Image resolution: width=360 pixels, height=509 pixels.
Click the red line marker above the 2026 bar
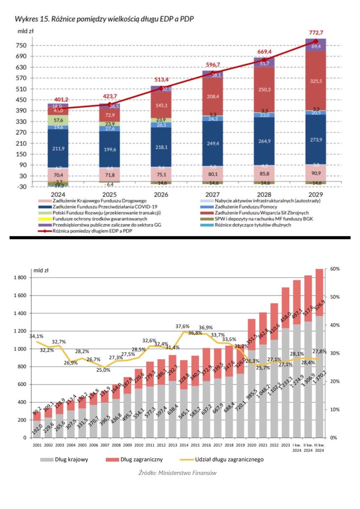point(161,88)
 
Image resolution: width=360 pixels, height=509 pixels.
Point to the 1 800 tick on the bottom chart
point(21,278)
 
